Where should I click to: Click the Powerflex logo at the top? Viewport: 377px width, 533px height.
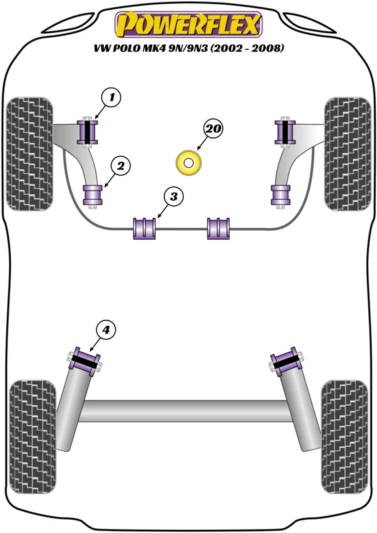tap(188, 24)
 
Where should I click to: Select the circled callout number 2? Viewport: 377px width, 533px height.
tap(121, 166)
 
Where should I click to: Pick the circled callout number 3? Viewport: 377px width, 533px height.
tap(174, 196)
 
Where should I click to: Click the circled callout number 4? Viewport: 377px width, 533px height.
tap(107, 329)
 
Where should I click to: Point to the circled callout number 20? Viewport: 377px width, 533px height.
tap(212, 129)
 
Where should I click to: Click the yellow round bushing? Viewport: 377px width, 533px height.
tap(189, 163)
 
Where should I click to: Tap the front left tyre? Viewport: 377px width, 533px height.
tap(30, 155)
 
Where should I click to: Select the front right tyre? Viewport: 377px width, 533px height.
tap(348, 155)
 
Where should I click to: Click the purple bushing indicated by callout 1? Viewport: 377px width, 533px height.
tap(88, 132)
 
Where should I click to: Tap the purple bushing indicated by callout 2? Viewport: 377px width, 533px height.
tap(93, 195)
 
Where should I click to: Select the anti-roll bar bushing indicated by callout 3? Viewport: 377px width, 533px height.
tap(144, 229)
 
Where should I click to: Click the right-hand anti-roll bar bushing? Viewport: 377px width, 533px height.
tap(218, 229)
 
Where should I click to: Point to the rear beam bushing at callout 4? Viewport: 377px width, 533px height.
tap(85, 362)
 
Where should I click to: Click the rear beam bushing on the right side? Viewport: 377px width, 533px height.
tap(287, 362)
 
